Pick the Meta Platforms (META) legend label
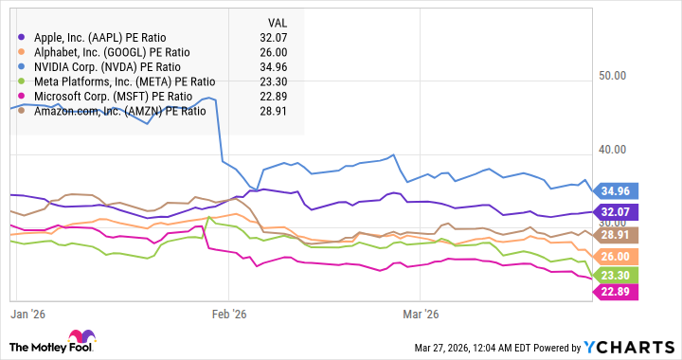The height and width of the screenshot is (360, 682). click(124, 81)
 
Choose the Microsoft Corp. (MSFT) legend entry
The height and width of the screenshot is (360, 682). click(113, 96)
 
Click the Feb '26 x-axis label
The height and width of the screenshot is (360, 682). click(229, 313)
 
